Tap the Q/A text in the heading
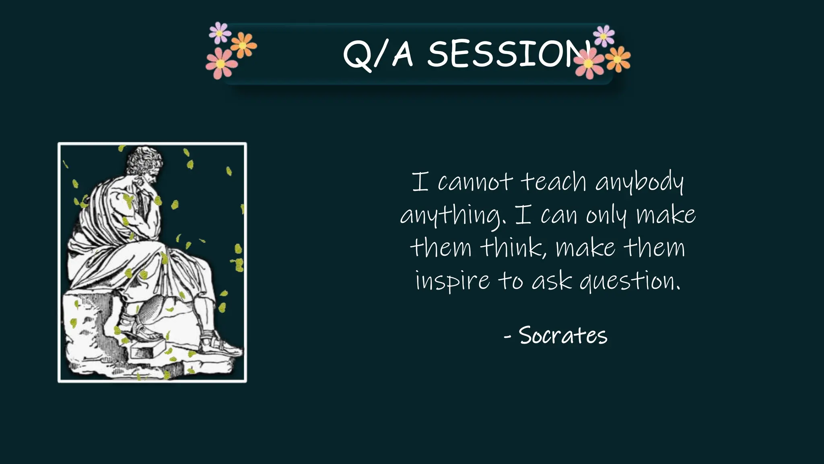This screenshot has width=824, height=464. [378, 54]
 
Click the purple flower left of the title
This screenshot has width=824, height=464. [220, 33]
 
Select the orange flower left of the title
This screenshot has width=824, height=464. [243, 45]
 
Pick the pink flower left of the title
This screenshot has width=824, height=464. [221, 64]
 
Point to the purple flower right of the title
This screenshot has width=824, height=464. [604, 35]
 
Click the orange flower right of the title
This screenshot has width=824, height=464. [618, 60]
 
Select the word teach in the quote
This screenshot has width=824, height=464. [554, 182]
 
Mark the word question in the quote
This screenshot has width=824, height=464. [630, 281]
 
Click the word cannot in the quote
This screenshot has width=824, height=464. [475, 182]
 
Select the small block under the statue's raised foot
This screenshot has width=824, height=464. [147, 348]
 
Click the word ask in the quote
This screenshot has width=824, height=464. [552, 281]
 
